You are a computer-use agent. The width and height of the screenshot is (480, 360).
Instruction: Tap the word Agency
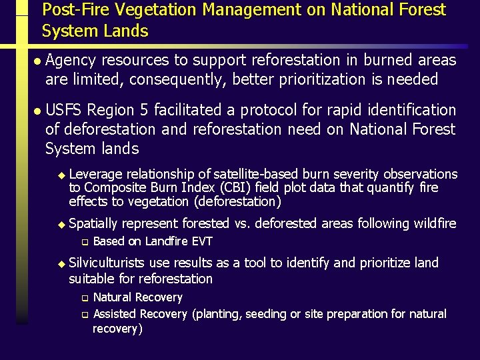tap(71, 61)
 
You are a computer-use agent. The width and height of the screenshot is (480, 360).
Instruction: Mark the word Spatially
tap(95, 223)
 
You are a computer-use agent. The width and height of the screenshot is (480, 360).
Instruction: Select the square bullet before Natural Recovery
tap(85, 298)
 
